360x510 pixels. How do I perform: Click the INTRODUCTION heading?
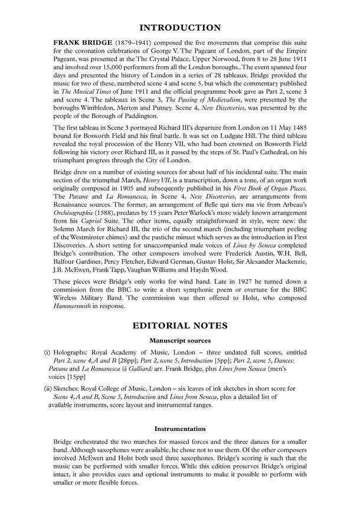[180, 28]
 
